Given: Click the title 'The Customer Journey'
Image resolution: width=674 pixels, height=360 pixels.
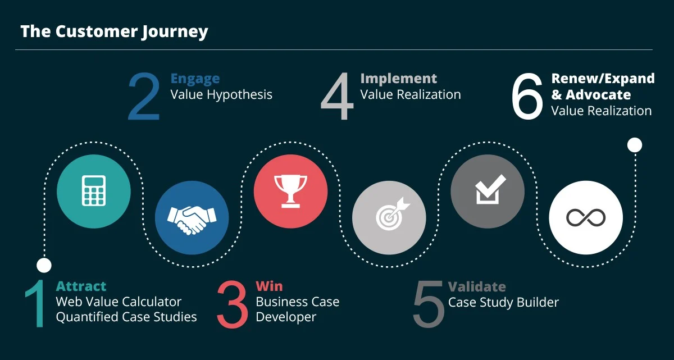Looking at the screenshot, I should pyautogui.click(x=114, y=31).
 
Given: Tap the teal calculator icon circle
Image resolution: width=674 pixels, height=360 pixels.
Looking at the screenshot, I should pyautogui.click(x=94, y=191).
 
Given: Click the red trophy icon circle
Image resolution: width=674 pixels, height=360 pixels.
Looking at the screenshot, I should pyautogui.click(x=290, y=191).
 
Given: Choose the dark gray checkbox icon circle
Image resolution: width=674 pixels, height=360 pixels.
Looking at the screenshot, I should pyautogui.click(x=488, y=191).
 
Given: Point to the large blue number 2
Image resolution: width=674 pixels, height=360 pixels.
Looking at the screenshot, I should pyautogui.click(x=144, y=97).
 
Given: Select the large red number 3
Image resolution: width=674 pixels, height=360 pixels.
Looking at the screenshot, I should pyautogui.click(x=232, y=305).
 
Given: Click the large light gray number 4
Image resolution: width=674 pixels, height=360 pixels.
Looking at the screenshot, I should pyautogui.click(x=338, y=97).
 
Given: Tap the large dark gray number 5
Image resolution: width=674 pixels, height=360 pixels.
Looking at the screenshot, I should pyautogui.click(x=429, y=305).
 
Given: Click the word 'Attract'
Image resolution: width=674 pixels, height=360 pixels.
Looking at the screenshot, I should pyautogui.click(x=81, y=286).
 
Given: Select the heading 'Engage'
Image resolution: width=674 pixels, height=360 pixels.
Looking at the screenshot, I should pyautogui.click(x=195, y=79).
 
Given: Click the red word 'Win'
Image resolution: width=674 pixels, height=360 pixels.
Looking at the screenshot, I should pyautogui.click(x=268, y=286).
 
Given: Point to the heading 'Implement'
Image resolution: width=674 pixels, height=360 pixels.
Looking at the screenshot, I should pyautogui.click(x=398, y=79).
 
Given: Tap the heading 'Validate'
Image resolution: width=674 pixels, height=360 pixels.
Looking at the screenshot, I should pyautogui.click(x=477, y=286).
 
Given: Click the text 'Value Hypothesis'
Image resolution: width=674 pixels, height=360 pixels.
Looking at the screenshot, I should pyautogui.click(x=221, y=94).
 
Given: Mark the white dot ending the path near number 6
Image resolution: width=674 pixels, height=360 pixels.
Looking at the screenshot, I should pyautogui.click(x=634, y=145).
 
